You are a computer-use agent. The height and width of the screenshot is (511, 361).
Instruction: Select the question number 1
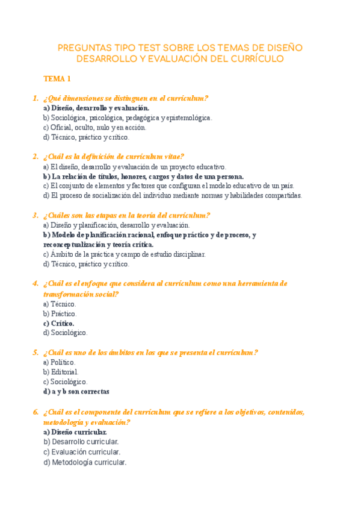[x=35, y=98]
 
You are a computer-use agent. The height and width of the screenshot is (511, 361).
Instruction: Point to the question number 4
[x=35, y=283]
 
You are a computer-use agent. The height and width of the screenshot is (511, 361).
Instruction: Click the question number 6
[x=35, y=412]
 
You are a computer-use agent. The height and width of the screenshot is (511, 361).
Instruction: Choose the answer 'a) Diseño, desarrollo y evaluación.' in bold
[x=96, y=108]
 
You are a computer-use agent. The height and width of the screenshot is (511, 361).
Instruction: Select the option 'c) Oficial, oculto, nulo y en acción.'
[x=94, y=127]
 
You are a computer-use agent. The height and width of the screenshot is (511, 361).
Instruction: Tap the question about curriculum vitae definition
[x=114, y=157]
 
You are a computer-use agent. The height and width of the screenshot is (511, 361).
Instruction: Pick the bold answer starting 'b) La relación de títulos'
[x=143, y=176]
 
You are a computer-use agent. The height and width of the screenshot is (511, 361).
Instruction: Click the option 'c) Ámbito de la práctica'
[x=124, y=254]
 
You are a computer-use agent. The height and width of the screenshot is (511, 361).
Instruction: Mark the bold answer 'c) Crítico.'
[x=58, y=323]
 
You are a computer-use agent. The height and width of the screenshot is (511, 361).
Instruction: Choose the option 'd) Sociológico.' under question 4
[x=65, y=333]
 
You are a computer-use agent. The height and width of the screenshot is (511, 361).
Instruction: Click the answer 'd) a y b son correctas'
[x=76, y=391]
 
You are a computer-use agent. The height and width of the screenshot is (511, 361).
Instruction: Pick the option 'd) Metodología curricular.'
[x=85, y=463]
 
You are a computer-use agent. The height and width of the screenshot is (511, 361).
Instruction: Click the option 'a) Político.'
[x=60, y=362]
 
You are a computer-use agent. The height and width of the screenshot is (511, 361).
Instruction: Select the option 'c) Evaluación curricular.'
[x=82, y=452]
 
